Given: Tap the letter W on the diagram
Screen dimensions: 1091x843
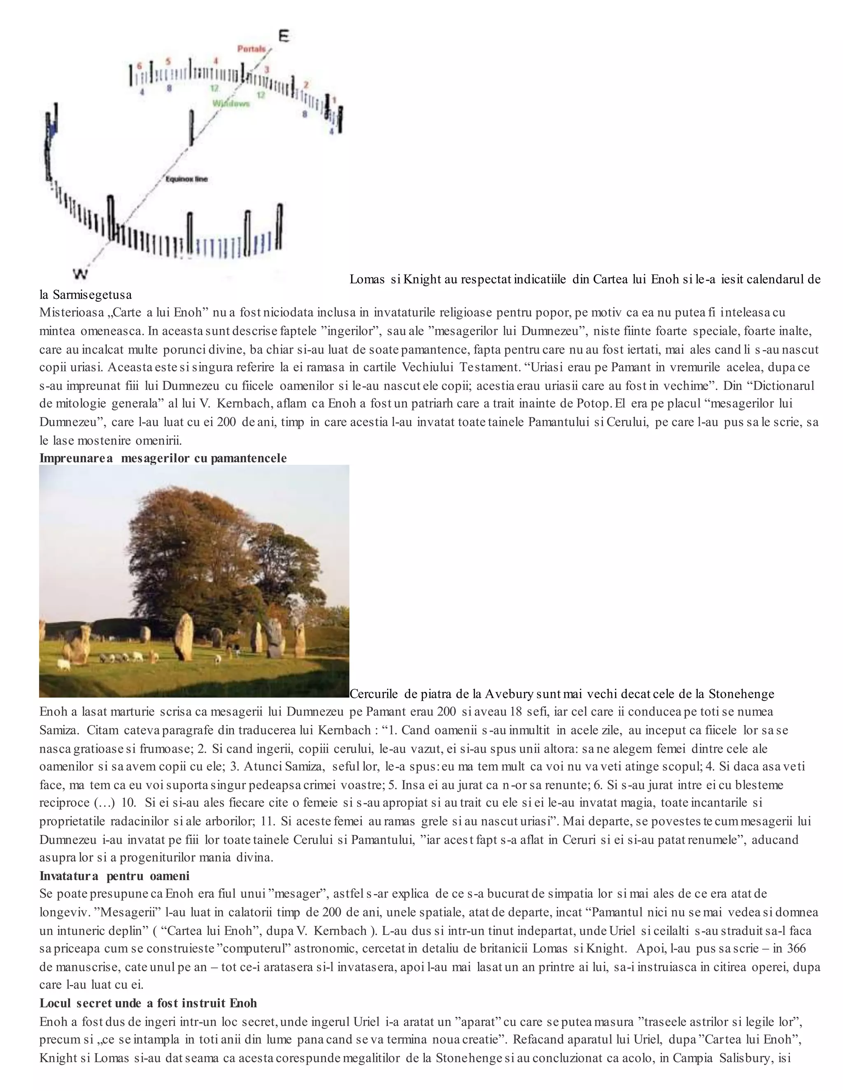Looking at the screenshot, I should coord(80,273).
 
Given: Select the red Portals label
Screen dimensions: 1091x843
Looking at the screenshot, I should coord(251,49).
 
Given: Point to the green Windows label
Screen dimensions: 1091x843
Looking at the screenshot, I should coord(231,103).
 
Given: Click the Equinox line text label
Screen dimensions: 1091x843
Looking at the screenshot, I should coord(187,179).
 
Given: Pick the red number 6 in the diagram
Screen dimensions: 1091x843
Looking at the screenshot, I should coord(140,65).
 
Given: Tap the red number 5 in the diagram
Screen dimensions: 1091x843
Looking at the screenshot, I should coord(168,61).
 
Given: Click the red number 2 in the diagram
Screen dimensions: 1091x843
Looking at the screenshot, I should coord(306,85).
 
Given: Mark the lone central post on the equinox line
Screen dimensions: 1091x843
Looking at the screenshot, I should coord(191,128).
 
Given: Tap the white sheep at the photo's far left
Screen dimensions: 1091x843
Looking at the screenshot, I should coord(63,664).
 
